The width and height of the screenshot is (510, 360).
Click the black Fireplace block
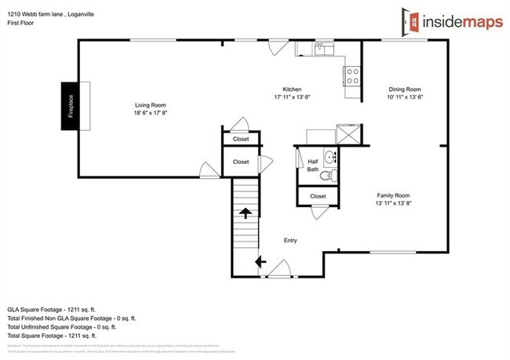click(68, 105)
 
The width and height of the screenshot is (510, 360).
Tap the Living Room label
click(150, 105)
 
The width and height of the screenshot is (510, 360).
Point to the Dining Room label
click(405, 89)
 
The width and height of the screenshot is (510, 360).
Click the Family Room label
click(393, 195)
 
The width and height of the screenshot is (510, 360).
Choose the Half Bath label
click(313, 165)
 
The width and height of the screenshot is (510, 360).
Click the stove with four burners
click(352, 76)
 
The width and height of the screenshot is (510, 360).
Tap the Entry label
click(290, 241)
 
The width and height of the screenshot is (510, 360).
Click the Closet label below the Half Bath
click(318, 196)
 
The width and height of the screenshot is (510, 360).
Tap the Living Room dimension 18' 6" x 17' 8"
click(150, 113)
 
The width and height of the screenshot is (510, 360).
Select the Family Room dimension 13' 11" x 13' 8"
click(393, 203)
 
